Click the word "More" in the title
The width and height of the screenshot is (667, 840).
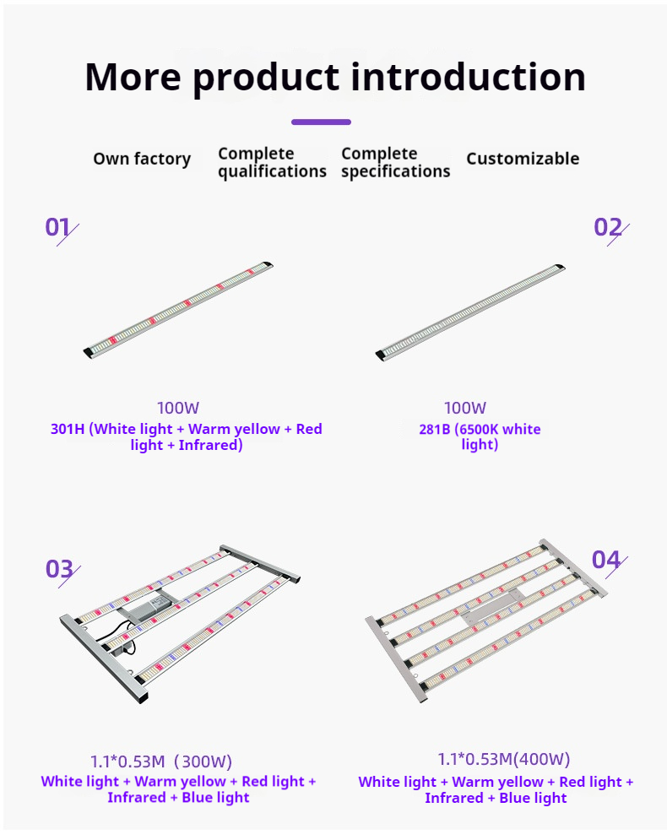[x=133, y=77]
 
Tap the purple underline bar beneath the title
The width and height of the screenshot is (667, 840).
[x=322, y=122]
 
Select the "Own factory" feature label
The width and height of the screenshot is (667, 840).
[x=142, y=159]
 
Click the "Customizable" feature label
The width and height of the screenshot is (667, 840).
[x=523, y=159]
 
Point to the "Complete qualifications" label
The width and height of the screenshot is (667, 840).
[x=272, y=162]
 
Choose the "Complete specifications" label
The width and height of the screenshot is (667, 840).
[x=396, y=162]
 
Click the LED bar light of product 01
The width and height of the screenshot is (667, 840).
[x=178, y=309]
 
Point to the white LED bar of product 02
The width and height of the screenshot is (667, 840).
[x=469, y=312]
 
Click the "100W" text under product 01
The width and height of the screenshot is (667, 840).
[x=178, y=409]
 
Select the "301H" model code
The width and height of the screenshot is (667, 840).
[x=68, y=429]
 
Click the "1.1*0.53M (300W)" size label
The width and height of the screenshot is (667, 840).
[x=160, y=761]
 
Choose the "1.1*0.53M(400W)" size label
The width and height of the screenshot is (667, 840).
[x=503, y=759]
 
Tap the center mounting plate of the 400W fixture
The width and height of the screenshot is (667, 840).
[x=492, y=605]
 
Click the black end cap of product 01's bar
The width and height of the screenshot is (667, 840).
[x=88, y=353]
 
